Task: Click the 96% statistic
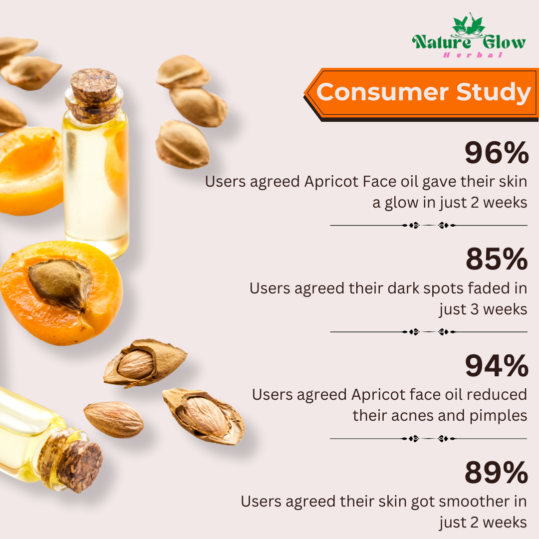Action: click(496, 154)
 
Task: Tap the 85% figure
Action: click(497, 260)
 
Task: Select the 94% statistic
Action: click(496, 366)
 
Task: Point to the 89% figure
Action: click(496, 473)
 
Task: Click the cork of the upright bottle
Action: click(93, 87)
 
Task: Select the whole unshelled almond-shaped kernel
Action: click(113, 419)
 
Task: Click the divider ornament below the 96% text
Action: click(428, 226)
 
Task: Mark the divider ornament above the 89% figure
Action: click(428, 439)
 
